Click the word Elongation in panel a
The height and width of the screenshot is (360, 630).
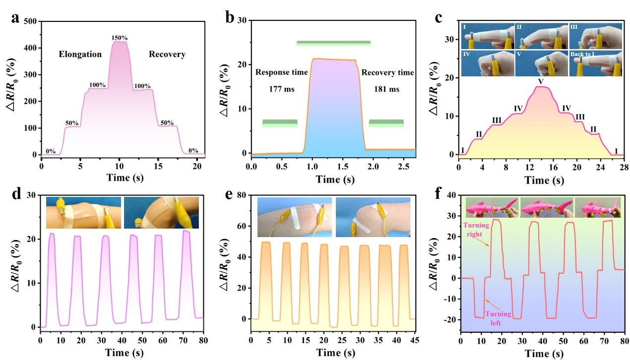(x=80, y=54)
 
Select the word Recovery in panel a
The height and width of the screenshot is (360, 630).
(x=167, y=54)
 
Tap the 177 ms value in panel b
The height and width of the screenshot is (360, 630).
(x=282, y=90)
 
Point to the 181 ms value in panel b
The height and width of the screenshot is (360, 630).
(x=387, y=90)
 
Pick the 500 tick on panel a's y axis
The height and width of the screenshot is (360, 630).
(x=30, y=21)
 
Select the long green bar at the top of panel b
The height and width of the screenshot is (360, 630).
(x=333, y=43)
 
